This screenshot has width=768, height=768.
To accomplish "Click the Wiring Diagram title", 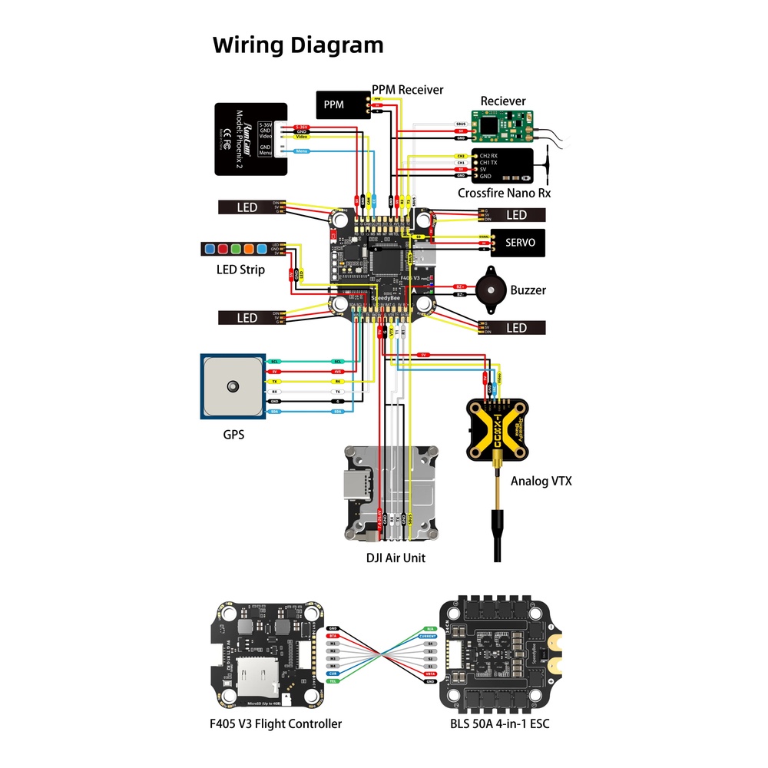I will (298, 45).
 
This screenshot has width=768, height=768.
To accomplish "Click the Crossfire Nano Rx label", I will (504, 194).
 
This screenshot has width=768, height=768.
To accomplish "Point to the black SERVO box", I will (518, 242).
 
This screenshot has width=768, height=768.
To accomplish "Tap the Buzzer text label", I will (528, 290).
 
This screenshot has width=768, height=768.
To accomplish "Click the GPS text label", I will (233, 434).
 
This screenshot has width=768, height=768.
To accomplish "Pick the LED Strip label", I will (240, 270).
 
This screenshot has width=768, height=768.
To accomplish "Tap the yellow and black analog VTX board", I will (500, 429).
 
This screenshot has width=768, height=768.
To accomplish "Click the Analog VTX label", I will (541, 482).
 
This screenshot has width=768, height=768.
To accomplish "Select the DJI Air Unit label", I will (396, 558).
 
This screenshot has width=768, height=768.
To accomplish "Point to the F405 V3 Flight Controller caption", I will (276, 723).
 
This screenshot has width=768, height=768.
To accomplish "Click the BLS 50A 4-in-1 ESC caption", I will (500, 723).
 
